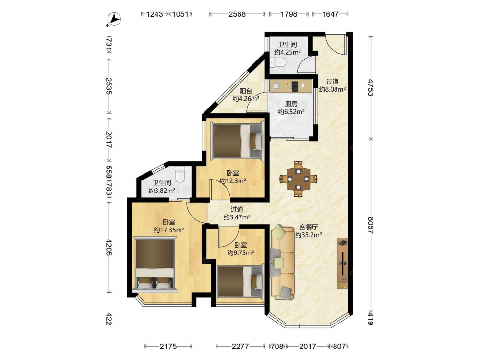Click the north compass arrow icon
coord(115,19)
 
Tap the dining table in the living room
coord(298,179)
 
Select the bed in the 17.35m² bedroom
coord(155,264)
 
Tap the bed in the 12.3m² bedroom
coord(238,141)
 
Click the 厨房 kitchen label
coord(291,104)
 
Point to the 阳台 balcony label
coord(246,91)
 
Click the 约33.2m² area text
coord(309,235)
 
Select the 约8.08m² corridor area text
coord(333,89)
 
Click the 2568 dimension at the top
coord(237,14)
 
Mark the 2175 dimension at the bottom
coord(168,346)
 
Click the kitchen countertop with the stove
coord(291,86)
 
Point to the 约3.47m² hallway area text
coord(237,217)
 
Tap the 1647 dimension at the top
coord(331,14)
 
